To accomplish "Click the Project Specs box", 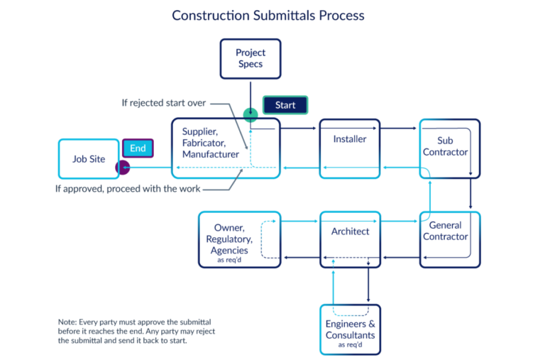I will [249, 59].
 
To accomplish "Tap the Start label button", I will [285, 105].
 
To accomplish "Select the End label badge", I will [138, 148].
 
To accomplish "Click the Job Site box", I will [89, 159].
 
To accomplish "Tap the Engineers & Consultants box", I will [350, 329].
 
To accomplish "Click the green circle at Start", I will [250, 115].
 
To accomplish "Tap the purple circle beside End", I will [123, 168].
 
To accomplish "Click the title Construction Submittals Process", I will [269, 15].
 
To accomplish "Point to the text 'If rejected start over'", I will [163, 103].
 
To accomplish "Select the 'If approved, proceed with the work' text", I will [128, 189].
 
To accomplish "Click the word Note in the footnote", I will [68, 322].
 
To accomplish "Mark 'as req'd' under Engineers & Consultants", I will [351, 345].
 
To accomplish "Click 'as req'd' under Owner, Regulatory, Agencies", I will [229, 261].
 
